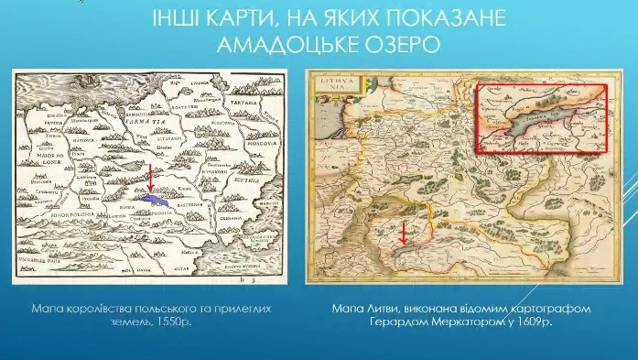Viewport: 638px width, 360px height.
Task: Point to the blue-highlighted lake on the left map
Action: coord(155,196)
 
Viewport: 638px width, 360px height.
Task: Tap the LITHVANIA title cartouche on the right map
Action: coord(328,87)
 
